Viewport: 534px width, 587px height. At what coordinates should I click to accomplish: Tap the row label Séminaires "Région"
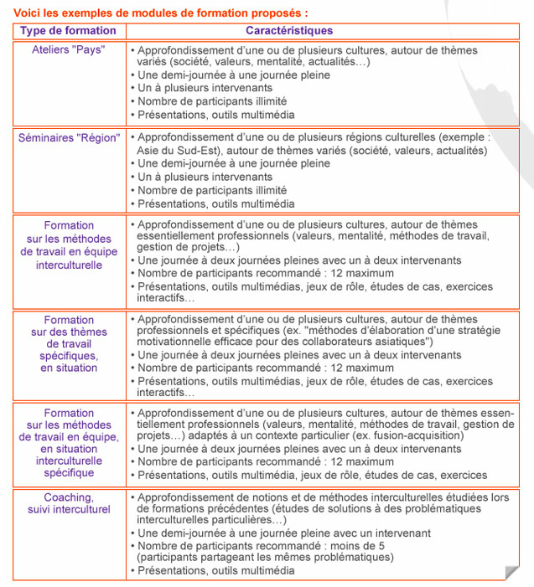69,138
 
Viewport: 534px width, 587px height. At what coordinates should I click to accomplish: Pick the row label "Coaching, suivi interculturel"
69,502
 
